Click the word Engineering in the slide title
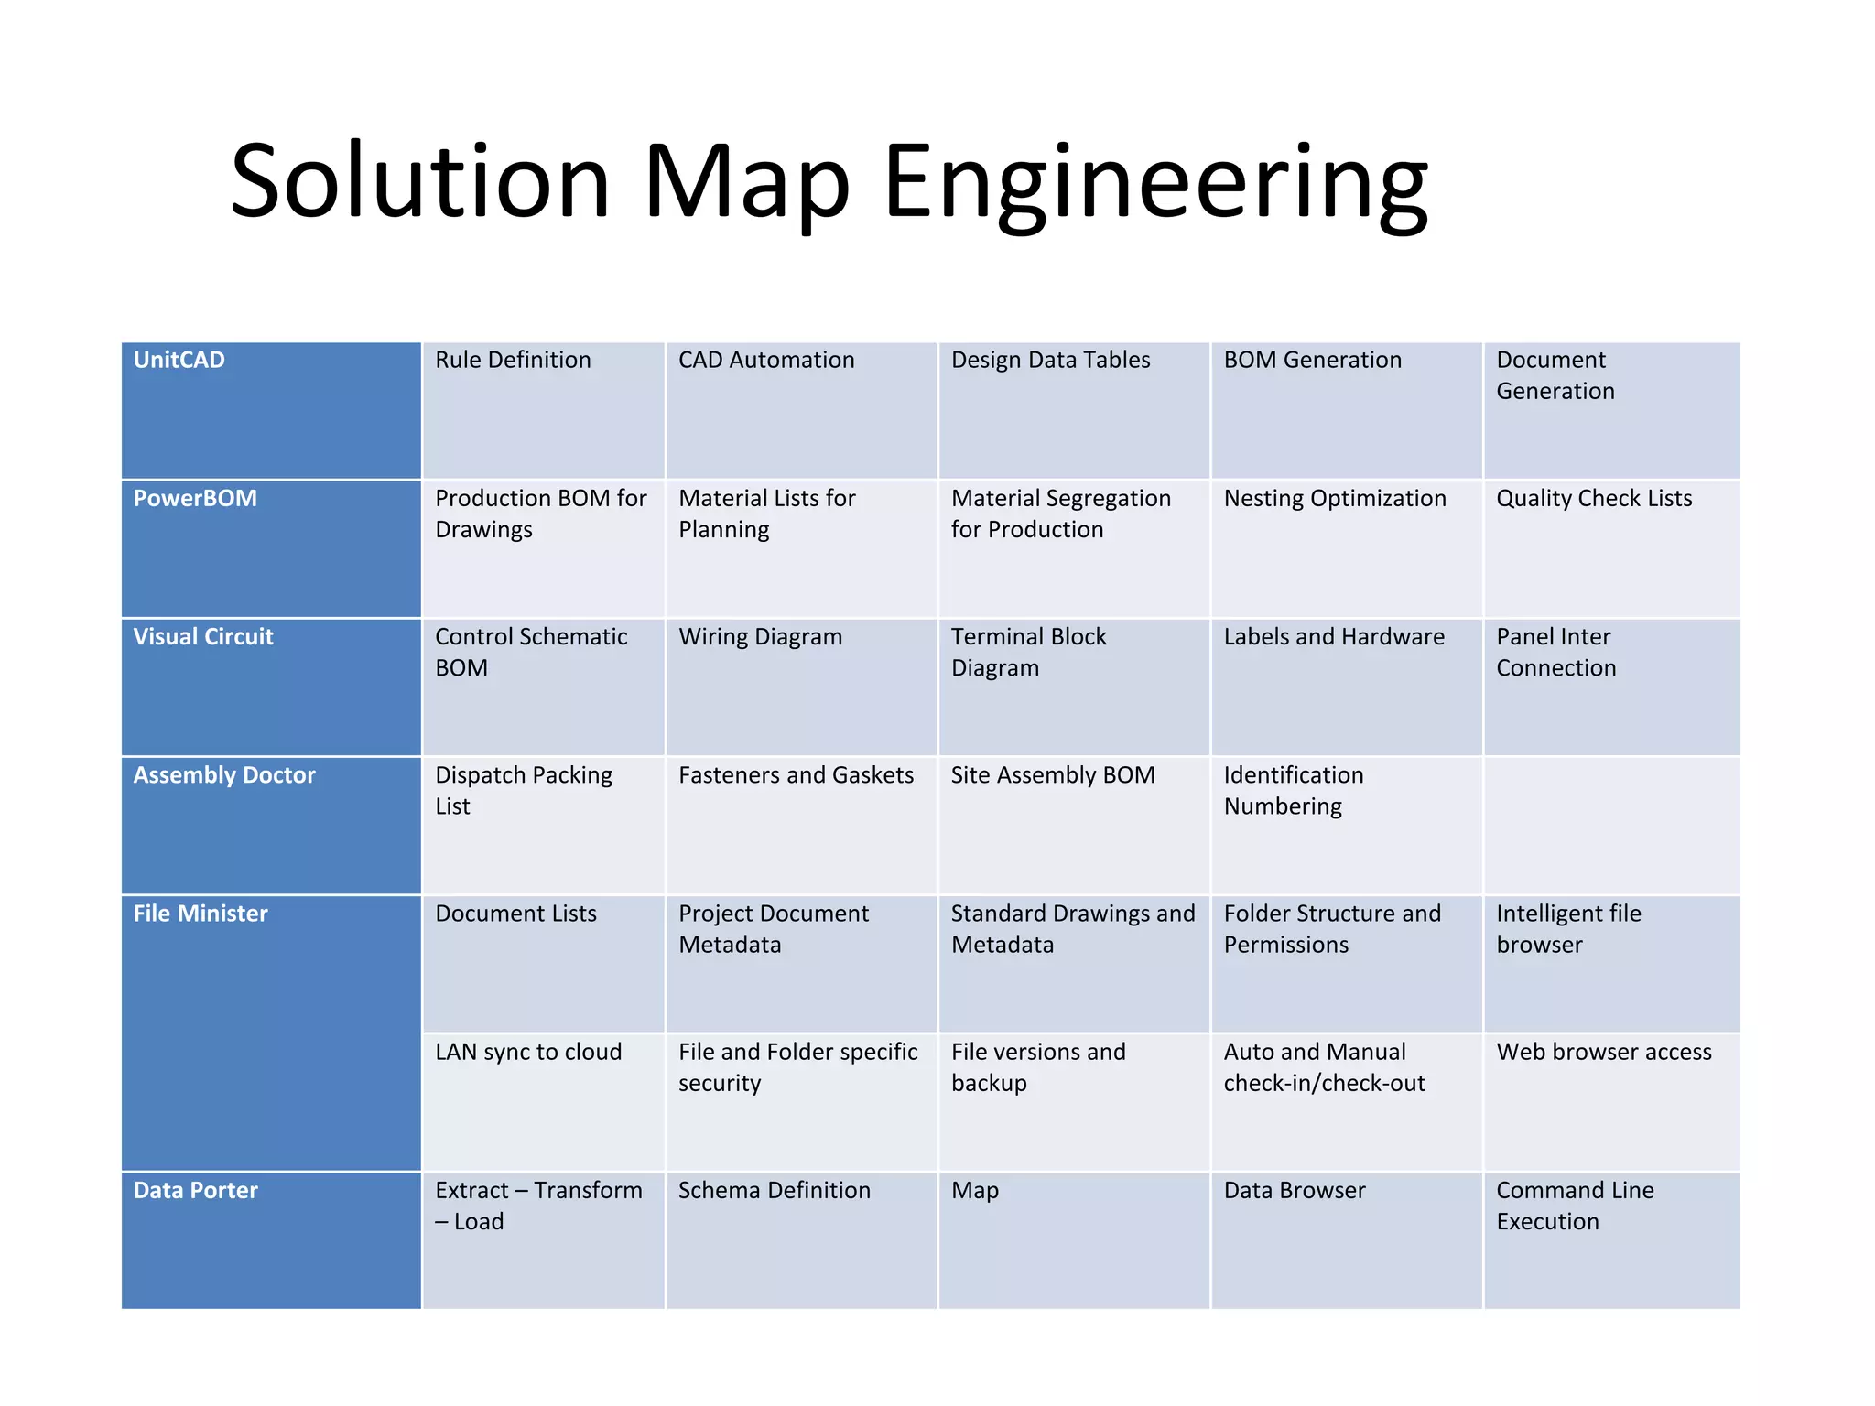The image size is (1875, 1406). pos(1154,183)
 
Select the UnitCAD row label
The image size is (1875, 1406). pos(179,360)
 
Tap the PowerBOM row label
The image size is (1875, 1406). pos(195,498)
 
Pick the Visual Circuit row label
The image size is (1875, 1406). pos(203,636)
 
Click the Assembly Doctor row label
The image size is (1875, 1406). pos(224,774)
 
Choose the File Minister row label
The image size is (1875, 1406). pos(201,913)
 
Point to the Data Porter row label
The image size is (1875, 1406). pos(196,1190)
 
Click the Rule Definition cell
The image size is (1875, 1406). pos(513,360)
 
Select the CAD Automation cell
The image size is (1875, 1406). pos(766,360)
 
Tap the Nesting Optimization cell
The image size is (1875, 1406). pos(1335,498)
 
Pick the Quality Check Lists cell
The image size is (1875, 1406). pos(1594,498)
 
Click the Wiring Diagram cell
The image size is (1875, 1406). pos(760,636)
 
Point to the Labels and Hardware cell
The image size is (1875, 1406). pos(1334,636)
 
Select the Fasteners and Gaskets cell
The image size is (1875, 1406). pos(796,774)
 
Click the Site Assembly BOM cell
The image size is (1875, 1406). pos(1053,774)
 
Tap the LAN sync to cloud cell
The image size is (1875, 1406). pos(528,1052)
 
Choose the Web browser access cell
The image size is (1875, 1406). pos(1604,1052)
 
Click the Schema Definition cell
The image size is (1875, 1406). pos(775,1190)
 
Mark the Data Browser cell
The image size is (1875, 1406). pos(1295,1190)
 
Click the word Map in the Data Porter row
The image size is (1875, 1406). pos(975,1190)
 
